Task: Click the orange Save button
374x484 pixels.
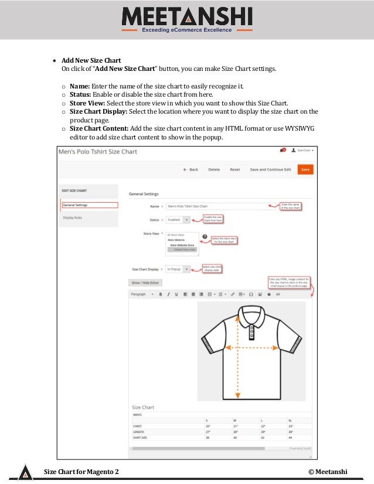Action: (304, 169)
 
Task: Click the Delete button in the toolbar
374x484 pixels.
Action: (214, 169)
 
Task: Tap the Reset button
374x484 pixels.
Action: (235, 169)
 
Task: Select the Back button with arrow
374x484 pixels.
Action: (191, 169)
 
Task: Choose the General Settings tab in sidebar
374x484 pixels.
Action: (90, 205)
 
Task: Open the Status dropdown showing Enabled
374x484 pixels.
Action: (178, 220)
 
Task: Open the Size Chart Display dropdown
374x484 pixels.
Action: (178, 269)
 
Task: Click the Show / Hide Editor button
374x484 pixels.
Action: (145, 282)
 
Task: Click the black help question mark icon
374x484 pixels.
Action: (205, 237)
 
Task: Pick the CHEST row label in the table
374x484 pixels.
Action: (138, 426)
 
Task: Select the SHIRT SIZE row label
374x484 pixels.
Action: (140, 437)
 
